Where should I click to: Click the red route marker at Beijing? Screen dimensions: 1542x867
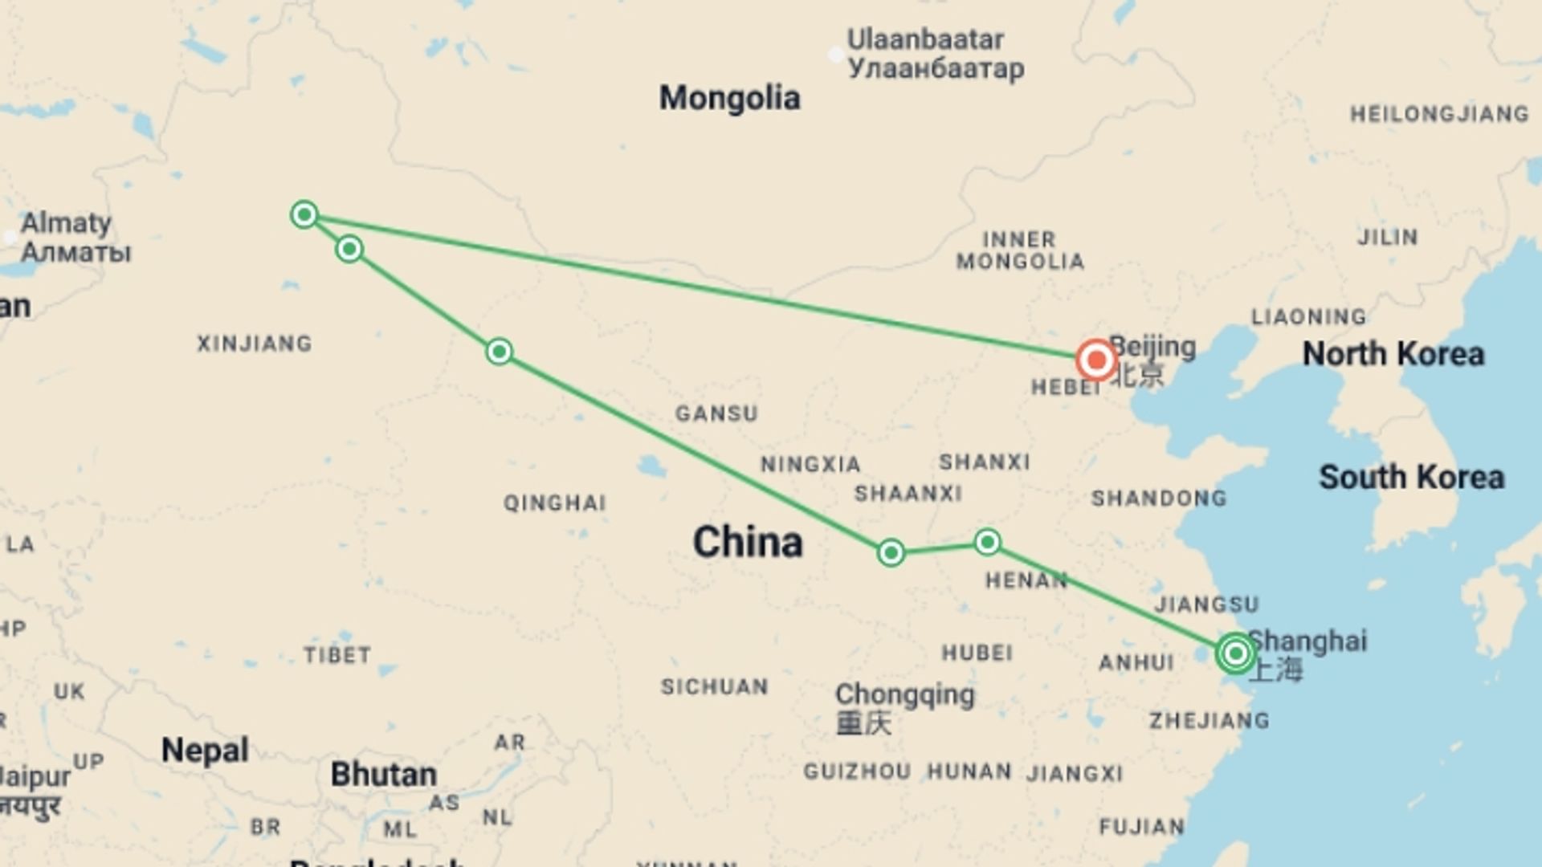(x=1096, y=360)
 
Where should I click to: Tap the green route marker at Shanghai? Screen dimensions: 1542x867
(x=1235, y=653)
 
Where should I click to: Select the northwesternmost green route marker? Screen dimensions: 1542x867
(x=304, y=214)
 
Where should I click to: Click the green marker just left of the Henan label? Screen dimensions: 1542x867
(x=987, y=542)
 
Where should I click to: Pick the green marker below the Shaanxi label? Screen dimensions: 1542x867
(x=891, y=552)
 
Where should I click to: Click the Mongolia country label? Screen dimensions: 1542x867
(x=729, y=98)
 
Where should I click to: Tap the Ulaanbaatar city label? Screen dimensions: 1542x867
(x=925, y=39)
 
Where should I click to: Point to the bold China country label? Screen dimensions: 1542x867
(x=748, y=542)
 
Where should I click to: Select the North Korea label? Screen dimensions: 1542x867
(x=1393, y=354)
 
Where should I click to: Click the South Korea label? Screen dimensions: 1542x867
(x=1411, y=477)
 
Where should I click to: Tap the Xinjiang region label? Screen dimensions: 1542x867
(x=255, y=344)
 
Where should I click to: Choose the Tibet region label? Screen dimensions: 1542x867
(x=337, y=655)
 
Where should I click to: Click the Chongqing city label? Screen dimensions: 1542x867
(x=904, y=694)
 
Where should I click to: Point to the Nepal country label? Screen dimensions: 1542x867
(x=205, y=751)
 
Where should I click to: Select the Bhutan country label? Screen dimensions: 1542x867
(x=384, y=775)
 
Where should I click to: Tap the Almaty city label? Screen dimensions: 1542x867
(x=66, y=223)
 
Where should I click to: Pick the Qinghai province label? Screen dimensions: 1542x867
(x=554, y=503)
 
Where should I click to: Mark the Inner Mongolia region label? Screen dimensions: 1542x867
(x=1020, y=250)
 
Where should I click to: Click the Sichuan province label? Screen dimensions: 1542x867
(x=714, y=687)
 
